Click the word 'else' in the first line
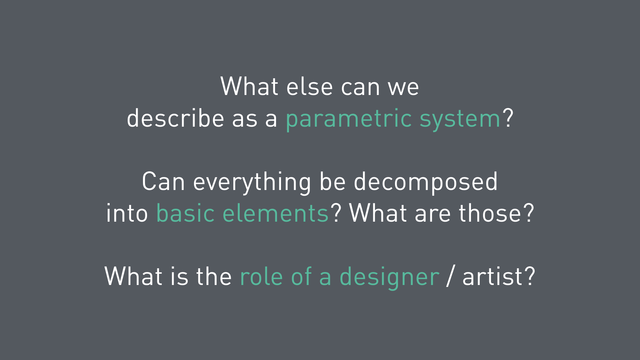pos(309,86)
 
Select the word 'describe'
pos(175,118)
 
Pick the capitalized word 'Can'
pos(163,181)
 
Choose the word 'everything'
pos(252,183)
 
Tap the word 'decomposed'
pos(426,183)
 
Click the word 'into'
pos(127,213)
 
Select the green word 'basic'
pos(185,213)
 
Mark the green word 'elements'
pos(276,213)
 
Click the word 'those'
pos(490,213)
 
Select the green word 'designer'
pos(389,278)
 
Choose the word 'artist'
pos(492,276)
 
